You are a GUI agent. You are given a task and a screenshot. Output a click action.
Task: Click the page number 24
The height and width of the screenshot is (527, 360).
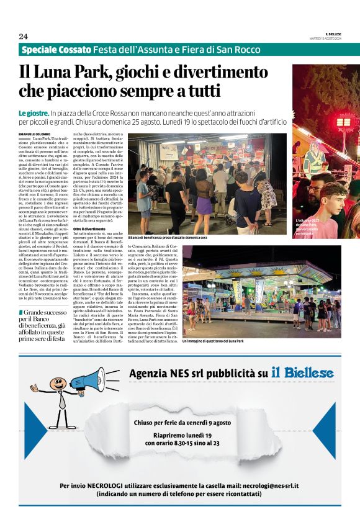coord(24,36)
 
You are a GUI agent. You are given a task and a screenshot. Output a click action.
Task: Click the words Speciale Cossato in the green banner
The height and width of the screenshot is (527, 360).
coord(55,50)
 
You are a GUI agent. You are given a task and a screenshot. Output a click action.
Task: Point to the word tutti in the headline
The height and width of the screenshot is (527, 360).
coord(200,92)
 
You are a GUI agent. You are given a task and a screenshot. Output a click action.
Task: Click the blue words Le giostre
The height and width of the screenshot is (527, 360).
coord(34,114)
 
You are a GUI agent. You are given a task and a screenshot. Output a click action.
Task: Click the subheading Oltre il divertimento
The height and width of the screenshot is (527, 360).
coord(89,229)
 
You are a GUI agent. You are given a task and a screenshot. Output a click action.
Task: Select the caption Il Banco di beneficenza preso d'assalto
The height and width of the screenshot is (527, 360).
coord(167,238)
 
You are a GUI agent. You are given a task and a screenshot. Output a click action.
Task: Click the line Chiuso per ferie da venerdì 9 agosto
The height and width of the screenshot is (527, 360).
coord(182,422)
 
